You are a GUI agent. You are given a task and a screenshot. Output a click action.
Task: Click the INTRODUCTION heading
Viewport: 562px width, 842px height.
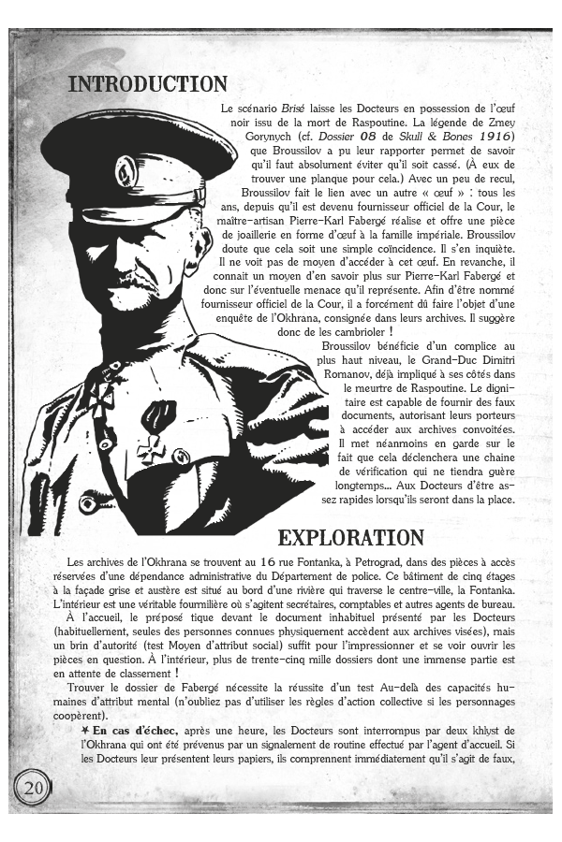[x=148, y=84]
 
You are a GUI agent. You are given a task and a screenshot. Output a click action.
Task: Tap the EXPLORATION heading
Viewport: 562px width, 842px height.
[x=350, y=537]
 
